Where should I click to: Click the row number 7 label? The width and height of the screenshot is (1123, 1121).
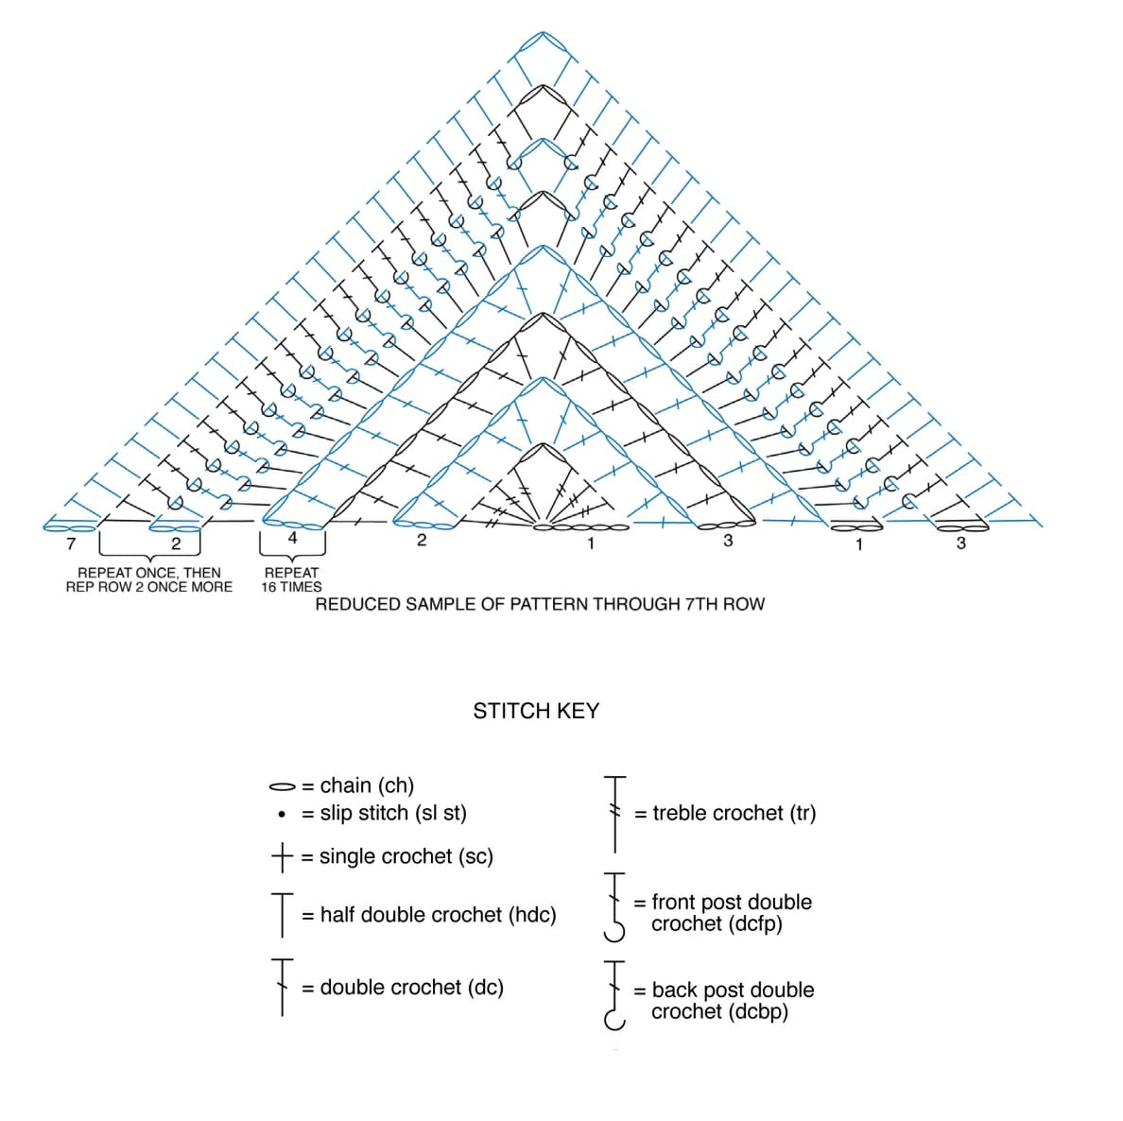click(71, 543)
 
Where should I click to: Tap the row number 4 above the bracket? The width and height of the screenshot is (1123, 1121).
click(292, 537)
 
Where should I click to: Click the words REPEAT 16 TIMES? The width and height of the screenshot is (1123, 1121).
click(292, 579)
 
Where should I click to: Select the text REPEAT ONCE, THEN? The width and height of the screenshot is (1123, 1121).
click(149, 573)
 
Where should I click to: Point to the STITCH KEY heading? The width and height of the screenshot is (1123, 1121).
click(536, 711)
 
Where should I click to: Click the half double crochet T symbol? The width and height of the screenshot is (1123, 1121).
click(282, 914)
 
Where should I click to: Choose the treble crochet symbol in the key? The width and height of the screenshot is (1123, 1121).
click(615, 812)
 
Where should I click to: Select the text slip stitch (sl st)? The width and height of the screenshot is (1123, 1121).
click(393, 813)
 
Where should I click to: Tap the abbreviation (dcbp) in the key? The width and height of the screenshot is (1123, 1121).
click(752, 1011)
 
